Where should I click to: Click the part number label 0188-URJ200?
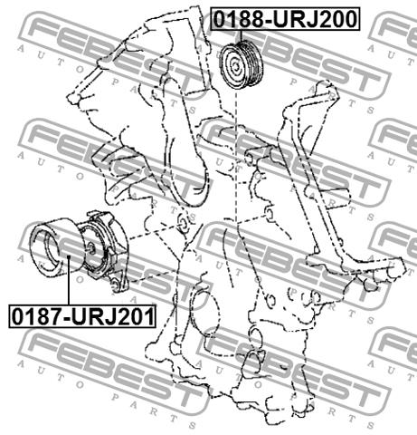point(285,19)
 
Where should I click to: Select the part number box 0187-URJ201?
point(83,316)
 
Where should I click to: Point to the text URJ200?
point(315,19)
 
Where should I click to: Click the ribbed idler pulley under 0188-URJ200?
point(242,65)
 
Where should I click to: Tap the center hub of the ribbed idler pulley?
point(235,66)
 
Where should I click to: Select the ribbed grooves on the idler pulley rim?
point(252,64)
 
